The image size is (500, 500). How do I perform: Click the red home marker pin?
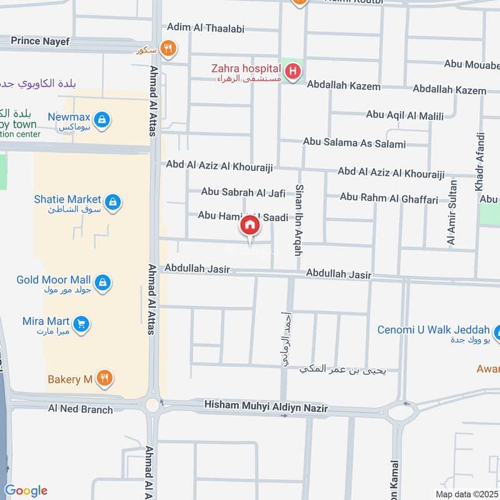[x=249, y=226]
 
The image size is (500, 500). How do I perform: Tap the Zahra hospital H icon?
[x=292, y=73]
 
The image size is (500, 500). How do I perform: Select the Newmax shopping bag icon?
[x=103, y=119]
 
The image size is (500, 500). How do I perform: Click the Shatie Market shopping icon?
[x=113, y=202]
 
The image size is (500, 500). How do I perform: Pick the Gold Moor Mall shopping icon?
[x=103, y=282]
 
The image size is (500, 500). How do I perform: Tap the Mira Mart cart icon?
[x=81, y=324]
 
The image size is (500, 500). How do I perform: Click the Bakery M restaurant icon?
[x=105, y=379]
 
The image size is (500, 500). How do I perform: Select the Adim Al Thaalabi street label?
[x=205, y=28]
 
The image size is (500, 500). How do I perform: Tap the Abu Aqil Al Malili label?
[x=404, y=115]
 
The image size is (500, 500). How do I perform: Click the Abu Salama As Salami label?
[x=354, y=143]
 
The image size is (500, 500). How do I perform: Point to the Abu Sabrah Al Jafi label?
[x=243, y=192]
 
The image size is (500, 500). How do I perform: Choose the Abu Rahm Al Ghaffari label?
[x=389, y=197]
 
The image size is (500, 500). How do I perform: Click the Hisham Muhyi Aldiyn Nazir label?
[x=266, y=408]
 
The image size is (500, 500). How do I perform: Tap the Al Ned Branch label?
[x=81, y=409]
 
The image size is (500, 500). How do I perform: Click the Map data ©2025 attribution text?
[x=466, y=493]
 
